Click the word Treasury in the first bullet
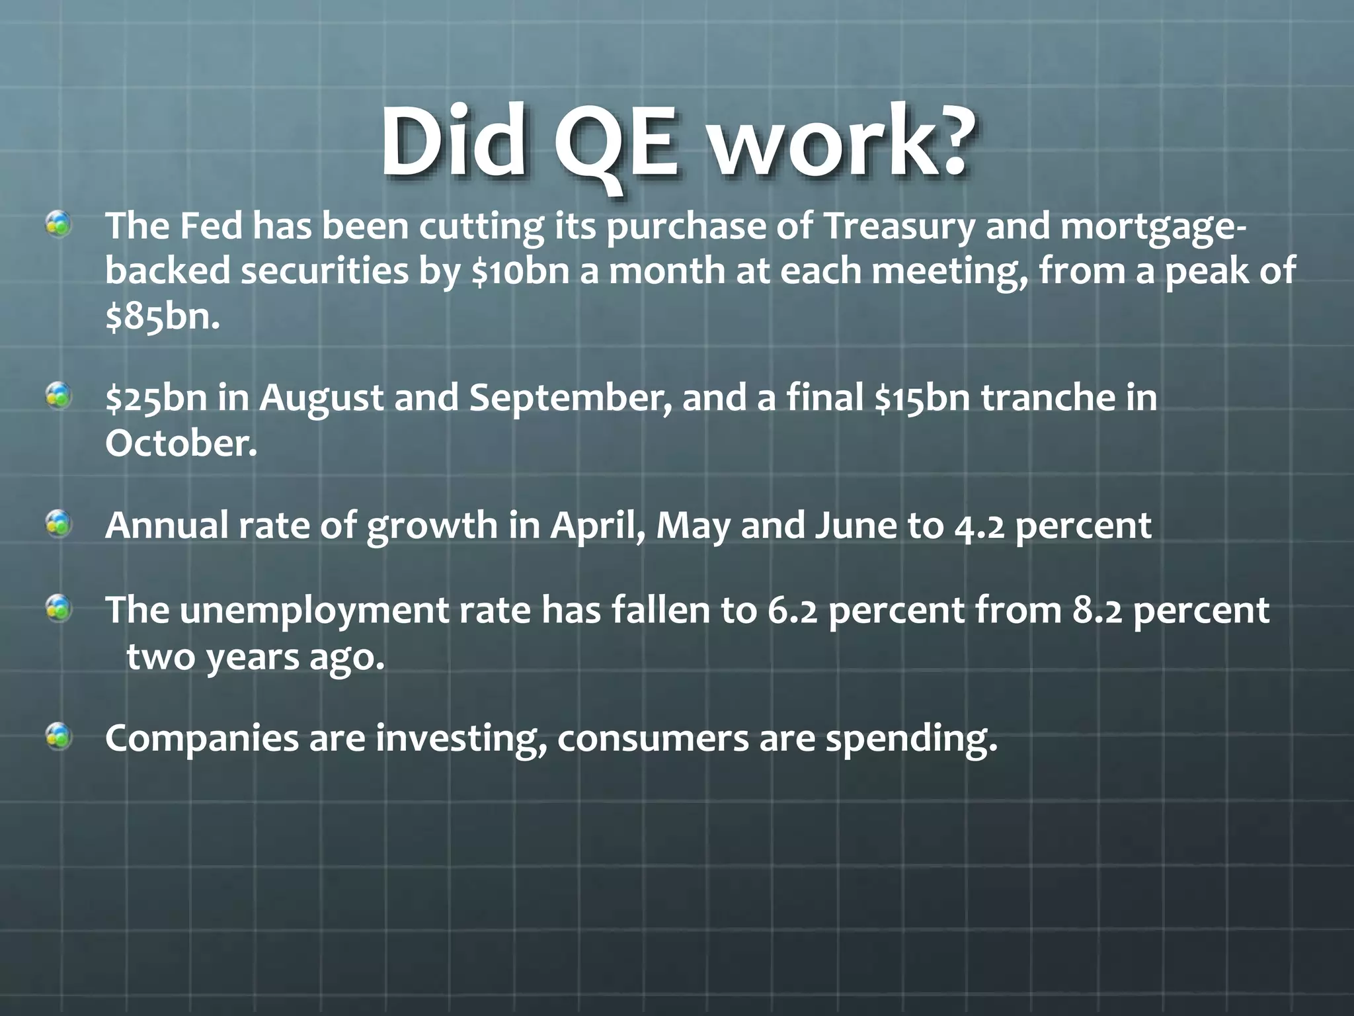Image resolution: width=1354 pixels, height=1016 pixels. (x=899, y=227)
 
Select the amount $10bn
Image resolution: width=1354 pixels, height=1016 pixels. (x=520, y=271)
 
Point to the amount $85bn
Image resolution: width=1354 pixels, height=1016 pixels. (x=162, y=317)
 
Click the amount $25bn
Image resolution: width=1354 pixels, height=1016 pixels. (x=157, y=398)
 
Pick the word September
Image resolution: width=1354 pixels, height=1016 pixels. (x=570, y=398)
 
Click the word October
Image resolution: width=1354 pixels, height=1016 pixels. (x=180, y=443)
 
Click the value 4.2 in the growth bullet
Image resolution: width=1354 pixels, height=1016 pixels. (x=980, y=527)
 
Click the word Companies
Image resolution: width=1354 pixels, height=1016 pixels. (x=202, y=739)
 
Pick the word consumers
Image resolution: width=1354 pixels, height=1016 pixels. (x=653, y=739)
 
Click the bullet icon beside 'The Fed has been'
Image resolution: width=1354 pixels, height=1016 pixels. (x=59, y=226)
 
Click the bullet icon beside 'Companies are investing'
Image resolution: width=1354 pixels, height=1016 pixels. (x=59, y=736)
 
